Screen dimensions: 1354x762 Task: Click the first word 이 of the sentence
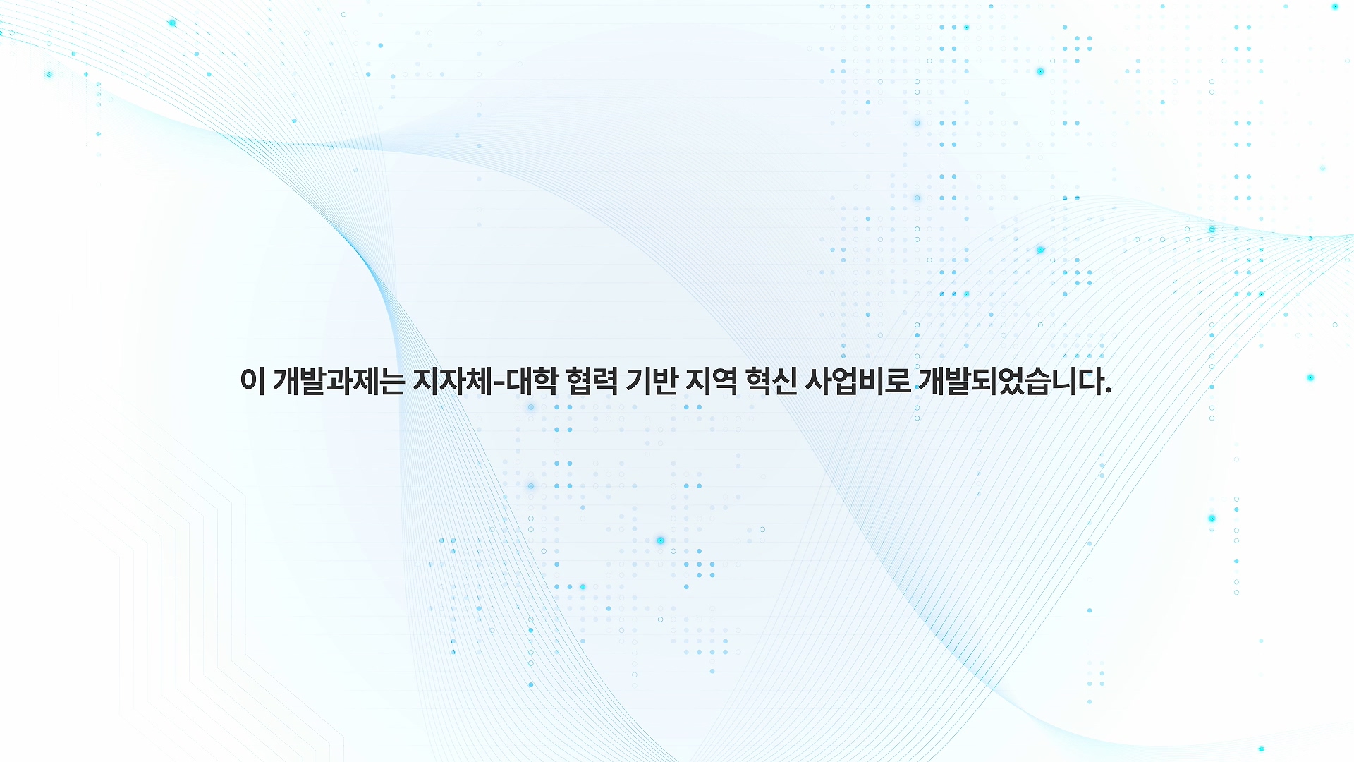(252, 381)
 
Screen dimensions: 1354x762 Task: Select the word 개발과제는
(338, 381)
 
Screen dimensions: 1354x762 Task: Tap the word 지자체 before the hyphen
(452, 381)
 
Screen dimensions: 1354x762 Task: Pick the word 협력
(592, 381)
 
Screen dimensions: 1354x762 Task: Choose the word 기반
(652, 381)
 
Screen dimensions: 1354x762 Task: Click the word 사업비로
(858, 381)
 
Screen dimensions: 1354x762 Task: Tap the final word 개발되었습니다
(1011, 381)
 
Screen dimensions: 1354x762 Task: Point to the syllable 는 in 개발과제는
(391, 381)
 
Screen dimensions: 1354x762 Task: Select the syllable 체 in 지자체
(479, 381)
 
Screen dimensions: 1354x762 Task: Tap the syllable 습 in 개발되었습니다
(1037, 381)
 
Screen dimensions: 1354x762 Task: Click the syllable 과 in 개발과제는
(338, 381)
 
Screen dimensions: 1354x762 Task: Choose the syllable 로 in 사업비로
(898, 381)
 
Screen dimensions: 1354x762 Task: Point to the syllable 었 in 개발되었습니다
(1011, 381)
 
